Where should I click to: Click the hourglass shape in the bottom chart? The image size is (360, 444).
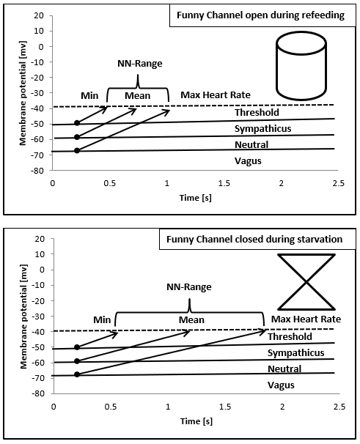pos(306,282)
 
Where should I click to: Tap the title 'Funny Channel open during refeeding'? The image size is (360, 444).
pos(260,15)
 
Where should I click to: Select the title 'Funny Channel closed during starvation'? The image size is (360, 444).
pos(254,240)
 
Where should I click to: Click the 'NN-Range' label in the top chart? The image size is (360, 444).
pos(140,64)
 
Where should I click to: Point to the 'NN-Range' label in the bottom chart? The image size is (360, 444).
pos(188,287)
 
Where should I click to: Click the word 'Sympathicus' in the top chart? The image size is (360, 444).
pos(262,128)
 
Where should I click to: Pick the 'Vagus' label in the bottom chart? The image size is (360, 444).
pos(281,385)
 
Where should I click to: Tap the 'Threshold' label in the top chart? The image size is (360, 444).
pos(257,112)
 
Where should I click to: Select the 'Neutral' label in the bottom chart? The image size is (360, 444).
pos(284,369)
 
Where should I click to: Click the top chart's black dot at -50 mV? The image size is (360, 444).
pos(77,123)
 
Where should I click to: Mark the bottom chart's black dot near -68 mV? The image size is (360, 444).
pos(77,374)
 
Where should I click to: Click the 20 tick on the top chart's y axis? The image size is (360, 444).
pos(39,15)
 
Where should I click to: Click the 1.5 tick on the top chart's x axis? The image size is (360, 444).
pos(224,183)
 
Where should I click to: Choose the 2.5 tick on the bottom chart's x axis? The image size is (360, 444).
pos(339,407)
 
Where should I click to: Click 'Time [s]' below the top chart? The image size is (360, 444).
pos(195,198)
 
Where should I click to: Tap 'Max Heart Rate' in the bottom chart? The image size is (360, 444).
pos(306,319)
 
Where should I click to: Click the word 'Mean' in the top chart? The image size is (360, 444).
pos(138,96)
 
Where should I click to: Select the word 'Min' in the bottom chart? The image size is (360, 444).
pos(102,320)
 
